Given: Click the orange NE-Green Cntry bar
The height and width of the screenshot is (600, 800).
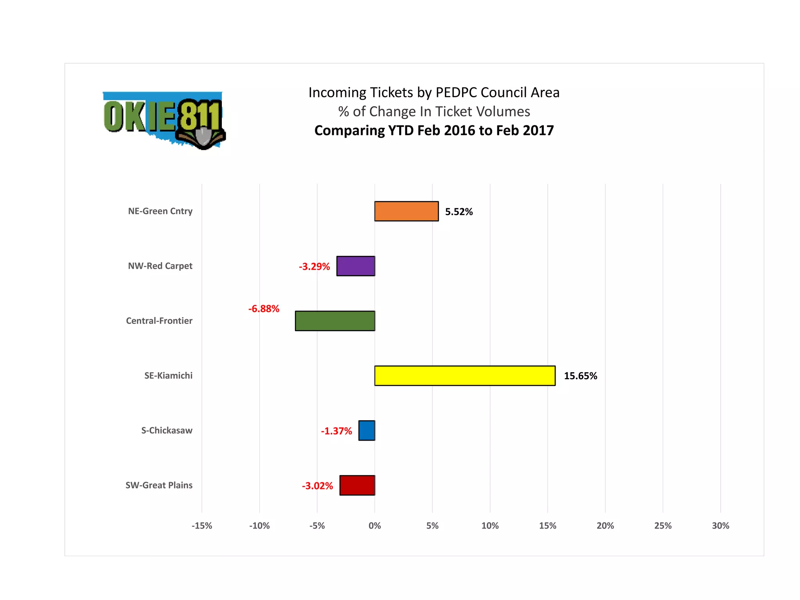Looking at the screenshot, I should pos(406,211).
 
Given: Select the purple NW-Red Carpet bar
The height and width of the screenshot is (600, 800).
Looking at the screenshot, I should pos(355,266).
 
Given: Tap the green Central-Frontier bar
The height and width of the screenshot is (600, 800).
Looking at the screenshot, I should pos(335,321).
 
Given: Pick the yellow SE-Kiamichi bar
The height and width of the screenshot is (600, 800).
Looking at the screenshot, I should pos(464,376).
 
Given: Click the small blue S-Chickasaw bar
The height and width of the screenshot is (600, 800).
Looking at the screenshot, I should pos(366,430).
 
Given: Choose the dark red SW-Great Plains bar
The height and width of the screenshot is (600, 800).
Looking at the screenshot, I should pos(357,485).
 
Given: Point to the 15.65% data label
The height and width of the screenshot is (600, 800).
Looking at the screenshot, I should pos(580,376).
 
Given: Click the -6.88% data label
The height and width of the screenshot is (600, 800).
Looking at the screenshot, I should pos(264,309).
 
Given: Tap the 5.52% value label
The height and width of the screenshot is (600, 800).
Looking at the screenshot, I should pos(459,212).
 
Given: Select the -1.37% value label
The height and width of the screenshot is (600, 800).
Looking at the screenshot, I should pos(336,431).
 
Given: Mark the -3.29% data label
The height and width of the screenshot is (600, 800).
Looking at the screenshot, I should pos(314,266).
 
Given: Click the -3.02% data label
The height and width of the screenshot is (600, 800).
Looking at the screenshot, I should pos(317,486).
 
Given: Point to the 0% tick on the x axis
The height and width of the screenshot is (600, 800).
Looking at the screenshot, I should pos(375,526).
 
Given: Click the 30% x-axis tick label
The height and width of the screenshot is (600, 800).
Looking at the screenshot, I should pos(720,526).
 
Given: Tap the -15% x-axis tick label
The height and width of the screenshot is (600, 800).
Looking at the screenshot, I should pos(202,526).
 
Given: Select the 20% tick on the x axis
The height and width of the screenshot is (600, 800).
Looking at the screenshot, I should pos(605,526).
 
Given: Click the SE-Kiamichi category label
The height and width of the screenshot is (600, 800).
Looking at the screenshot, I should pos(168,376).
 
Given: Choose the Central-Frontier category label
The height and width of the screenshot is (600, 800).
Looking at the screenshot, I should pos(159,321).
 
